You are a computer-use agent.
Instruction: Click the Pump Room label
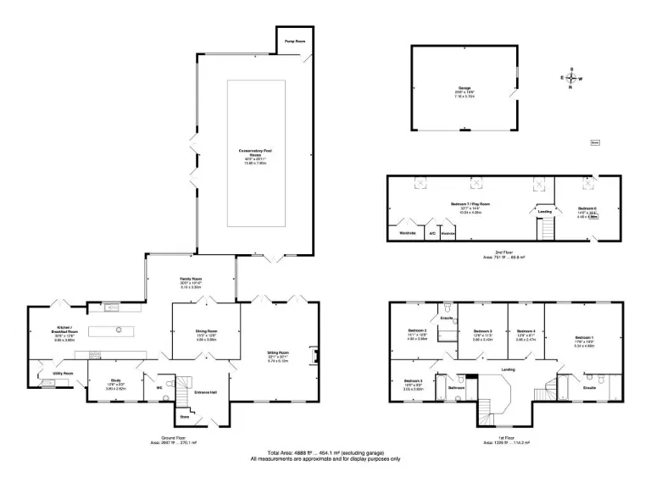pos(294,40)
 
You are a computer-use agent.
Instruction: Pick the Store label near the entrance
pos(182,417)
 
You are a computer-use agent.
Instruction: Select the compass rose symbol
pos(571,78)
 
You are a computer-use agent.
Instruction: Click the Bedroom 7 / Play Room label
pos(471,204)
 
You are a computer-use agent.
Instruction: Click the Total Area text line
pos(325,453)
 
